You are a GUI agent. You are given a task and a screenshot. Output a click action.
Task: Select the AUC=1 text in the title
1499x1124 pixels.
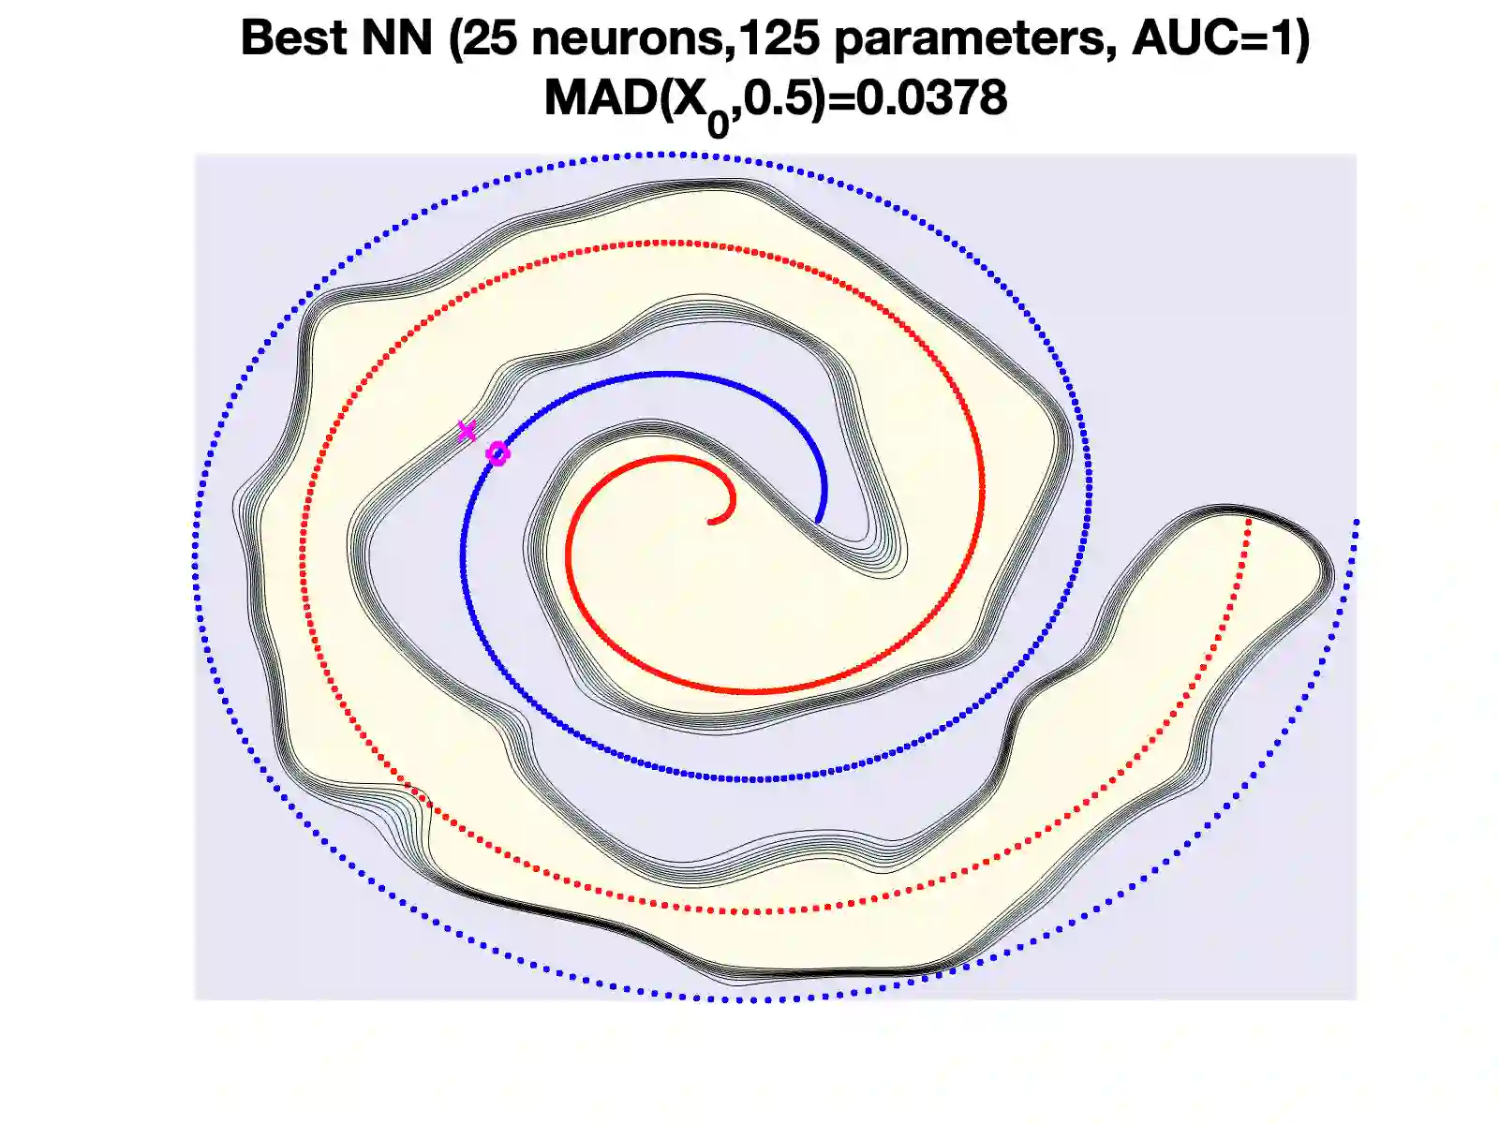[x=1213, y=39]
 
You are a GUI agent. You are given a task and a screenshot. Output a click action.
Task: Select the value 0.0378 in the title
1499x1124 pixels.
[x=931, y=98]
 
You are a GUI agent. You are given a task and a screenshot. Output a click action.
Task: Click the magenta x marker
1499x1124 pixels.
[x=467, y=431]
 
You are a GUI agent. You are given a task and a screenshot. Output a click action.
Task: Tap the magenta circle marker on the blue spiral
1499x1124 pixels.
[x=497, y=454]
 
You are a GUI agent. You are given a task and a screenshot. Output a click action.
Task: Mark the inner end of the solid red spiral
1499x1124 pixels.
[x=712, y=521]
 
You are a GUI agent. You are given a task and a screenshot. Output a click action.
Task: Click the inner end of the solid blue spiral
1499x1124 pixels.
[x=819, y=520]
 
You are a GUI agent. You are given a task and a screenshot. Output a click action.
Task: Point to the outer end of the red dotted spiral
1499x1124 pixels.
[x=1249, y=520]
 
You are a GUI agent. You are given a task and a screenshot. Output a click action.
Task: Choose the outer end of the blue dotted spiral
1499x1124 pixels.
[x=1356, y=521]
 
